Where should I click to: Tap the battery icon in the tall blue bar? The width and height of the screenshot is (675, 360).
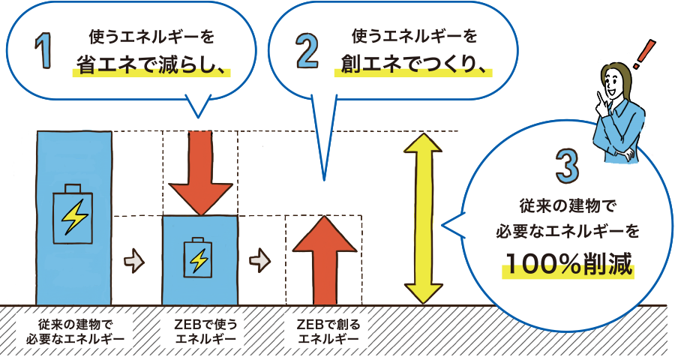point(73,214)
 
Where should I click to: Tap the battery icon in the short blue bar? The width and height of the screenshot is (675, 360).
point(199,259)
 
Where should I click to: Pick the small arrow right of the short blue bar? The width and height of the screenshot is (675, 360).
point(260,259)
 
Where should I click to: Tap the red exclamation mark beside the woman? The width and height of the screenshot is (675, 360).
point(640,56)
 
